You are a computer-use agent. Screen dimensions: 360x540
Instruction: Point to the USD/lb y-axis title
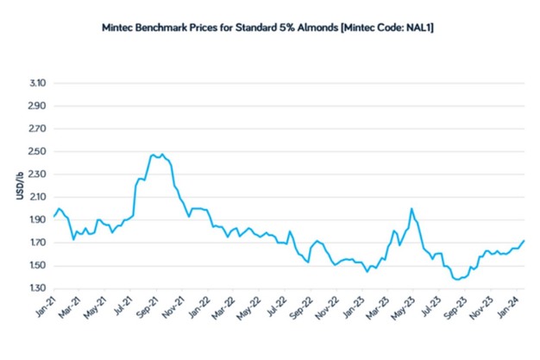pos(20,186)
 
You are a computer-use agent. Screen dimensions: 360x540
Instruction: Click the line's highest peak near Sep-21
pos(161,155)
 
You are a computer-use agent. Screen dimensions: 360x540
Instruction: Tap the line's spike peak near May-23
pos(411,208)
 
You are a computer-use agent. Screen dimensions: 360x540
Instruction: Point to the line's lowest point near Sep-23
pos(457,280)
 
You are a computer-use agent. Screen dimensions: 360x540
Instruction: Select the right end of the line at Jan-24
pos(524,240)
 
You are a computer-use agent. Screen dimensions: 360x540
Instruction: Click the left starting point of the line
pos(53,216)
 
